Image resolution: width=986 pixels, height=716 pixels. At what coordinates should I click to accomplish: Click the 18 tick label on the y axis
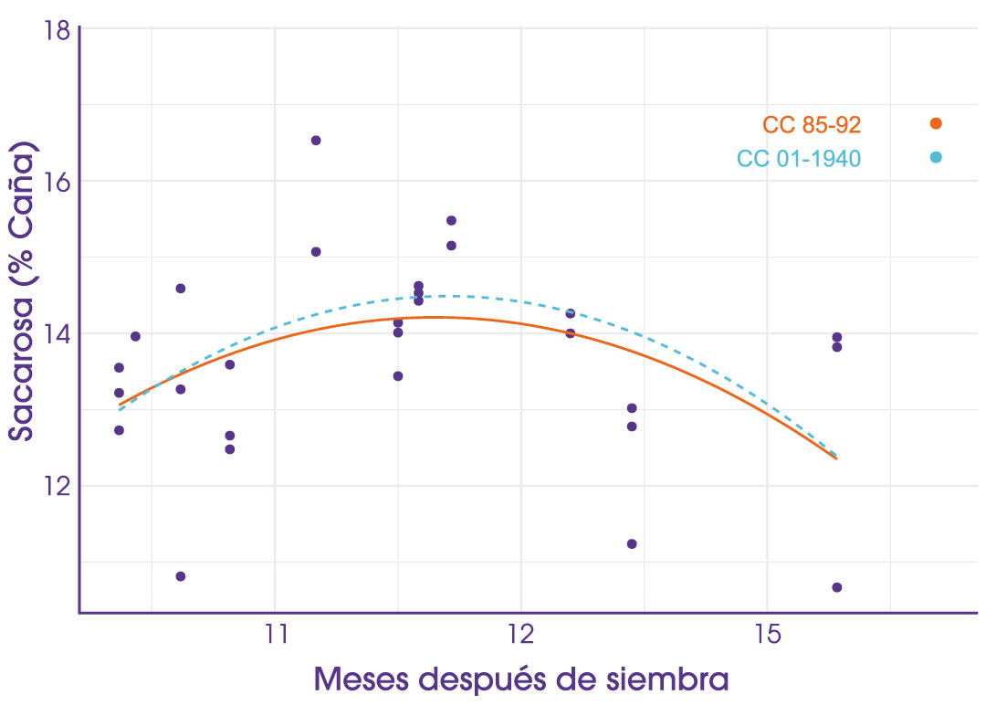coord(57,29)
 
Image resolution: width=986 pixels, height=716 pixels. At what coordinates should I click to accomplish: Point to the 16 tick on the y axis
coord(57,181)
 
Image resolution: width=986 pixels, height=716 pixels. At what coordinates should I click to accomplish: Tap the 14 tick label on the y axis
coord(57,333)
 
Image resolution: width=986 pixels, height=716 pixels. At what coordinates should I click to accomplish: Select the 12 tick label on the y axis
coord(57,485)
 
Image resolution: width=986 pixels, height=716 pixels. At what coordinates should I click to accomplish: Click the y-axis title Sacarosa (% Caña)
coord(27,292)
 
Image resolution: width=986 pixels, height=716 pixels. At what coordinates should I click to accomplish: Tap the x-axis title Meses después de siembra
coord(521,679)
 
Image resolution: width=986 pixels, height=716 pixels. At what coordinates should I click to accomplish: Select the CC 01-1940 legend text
coord(799,158)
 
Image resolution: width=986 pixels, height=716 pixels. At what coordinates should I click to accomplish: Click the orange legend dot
coord(935,123)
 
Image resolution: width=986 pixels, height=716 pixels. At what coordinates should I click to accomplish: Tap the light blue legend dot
coord(935,157)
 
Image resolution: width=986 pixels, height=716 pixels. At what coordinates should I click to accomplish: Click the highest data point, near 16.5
coord(316,140)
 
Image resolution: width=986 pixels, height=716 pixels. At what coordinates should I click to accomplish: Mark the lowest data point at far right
coord(836,587)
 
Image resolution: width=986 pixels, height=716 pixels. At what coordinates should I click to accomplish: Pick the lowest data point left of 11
coord(181,576)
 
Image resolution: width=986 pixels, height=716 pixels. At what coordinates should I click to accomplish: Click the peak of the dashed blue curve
coord(447,295)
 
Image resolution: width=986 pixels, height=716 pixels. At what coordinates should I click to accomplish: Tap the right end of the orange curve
coord(835,458)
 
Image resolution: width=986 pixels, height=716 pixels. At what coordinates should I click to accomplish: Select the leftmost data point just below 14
coord(135,336)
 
